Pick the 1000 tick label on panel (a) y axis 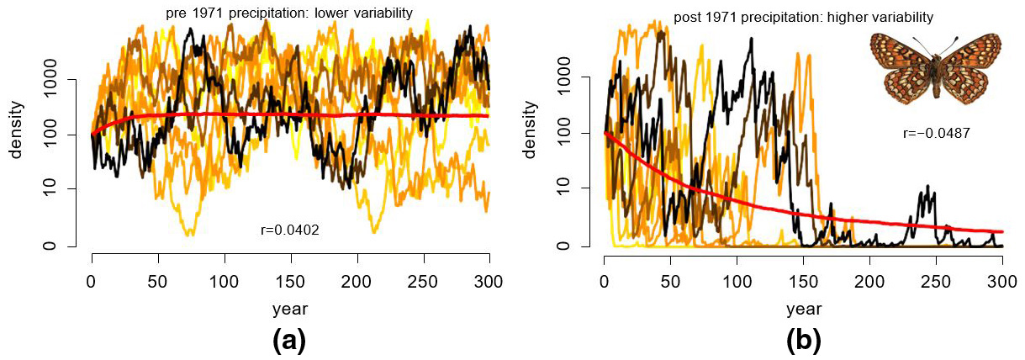60,80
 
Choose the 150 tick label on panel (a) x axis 290,281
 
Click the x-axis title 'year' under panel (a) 290,309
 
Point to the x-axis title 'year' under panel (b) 803,309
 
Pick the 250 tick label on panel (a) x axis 423,281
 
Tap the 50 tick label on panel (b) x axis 670,281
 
